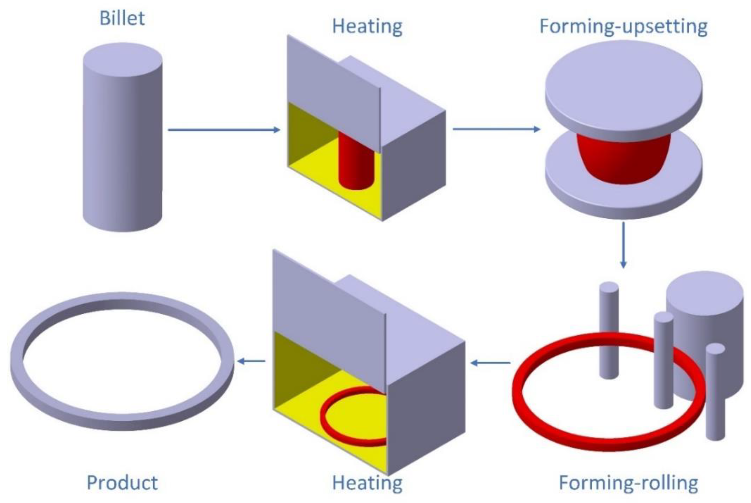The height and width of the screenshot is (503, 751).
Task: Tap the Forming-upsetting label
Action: [623, 26]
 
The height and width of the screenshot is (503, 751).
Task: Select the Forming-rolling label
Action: [628, 482]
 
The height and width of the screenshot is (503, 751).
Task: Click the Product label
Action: [122, 482]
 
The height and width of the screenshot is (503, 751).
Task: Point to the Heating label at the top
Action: [367, 26]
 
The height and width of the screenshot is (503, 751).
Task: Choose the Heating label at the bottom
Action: [367, 482]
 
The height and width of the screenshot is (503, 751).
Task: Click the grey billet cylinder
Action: [122, 138]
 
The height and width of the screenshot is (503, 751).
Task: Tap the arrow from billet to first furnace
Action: [224, 130]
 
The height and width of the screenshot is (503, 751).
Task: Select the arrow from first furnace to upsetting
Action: [496, 129]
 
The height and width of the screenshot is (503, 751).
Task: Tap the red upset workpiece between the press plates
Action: [623, 160]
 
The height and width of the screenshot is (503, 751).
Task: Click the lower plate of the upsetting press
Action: [623, 199]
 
